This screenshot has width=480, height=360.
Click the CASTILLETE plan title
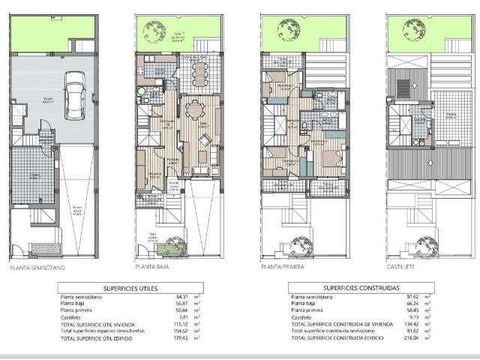point(401,266)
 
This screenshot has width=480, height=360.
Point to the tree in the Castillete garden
point(413,31)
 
